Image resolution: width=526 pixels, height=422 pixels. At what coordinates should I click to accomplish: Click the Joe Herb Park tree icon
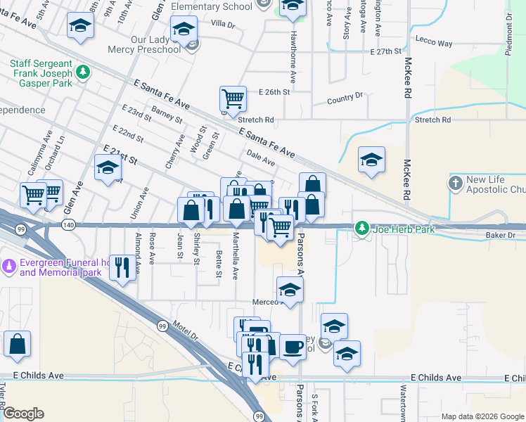362,229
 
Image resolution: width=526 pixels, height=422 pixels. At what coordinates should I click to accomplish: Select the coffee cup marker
293,346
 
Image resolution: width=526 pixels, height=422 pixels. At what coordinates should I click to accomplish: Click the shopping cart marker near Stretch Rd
233,98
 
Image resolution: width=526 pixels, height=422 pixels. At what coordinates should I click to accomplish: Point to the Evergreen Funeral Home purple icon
9,266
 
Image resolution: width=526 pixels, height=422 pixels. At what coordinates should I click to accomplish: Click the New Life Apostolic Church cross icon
456,184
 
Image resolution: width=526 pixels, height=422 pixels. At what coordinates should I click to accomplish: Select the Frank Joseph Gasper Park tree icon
84,72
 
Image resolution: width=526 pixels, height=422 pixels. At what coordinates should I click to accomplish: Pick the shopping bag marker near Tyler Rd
18,344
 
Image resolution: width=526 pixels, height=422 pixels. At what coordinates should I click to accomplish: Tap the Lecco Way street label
434,43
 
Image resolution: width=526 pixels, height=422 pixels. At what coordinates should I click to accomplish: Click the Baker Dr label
500,235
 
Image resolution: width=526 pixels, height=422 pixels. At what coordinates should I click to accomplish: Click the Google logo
23,414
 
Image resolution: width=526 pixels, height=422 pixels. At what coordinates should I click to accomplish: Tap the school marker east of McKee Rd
371,160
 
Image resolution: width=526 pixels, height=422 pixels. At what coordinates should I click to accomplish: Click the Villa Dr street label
223,24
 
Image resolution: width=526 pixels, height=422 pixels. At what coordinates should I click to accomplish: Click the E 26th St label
274,92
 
